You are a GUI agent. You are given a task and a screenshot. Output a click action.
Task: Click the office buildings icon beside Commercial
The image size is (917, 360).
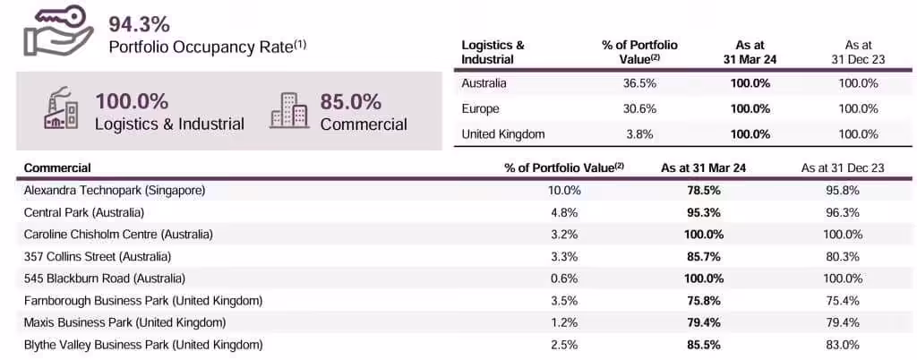[288, 111]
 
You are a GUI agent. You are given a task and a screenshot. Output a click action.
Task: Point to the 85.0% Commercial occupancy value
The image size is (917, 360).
[351, 101]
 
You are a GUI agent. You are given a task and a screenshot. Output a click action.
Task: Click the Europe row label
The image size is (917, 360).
[481, 108]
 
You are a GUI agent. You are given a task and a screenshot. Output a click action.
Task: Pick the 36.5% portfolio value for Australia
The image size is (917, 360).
[628, 83]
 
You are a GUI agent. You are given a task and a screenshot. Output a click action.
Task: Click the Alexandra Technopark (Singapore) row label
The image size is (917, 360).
[115, 191]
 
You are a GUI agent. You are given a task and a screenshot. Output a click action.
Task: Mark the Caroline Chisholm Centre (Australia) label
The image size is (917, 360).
[118, 234]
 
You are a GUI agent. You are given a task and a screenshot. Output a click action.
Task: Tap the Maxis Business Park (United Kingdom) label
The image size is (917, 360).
[124, 321]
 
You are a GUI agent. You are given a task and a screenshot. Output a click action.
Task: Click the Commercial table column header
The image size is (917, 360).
[57, 167]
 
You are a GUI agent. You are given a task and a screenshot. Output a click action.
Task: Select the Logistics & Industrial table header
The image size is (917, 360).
[493, 52]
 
